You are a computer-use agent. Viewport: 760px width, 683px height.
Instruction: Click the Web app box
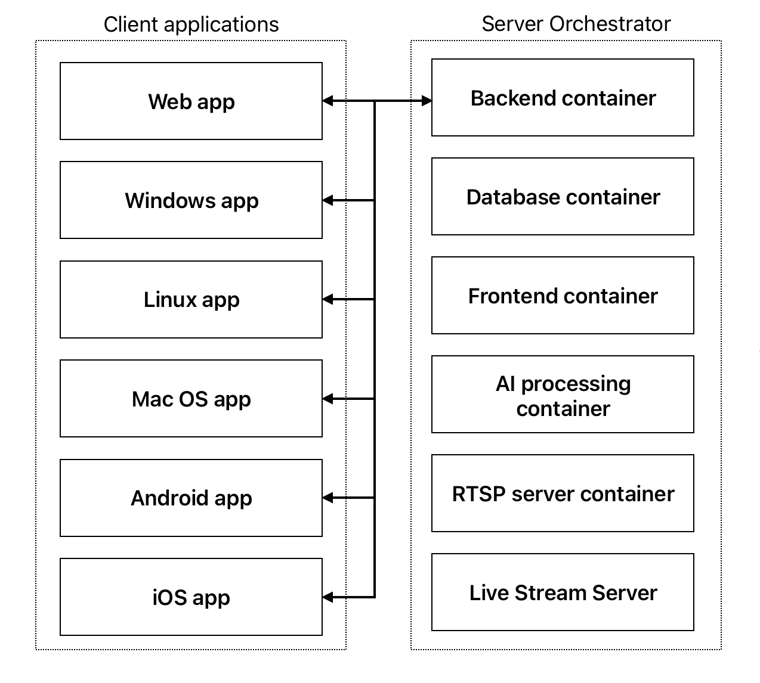(x=191, y=101)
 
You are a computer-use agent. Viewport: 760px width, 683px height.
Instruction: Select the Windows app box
(x=191, y=200)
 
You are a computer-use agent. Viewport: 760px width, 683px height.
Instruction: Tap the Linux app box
(x=191, y=299)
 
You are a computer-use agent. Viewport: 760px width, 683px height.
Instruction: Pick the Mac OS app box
(x=191, y=398)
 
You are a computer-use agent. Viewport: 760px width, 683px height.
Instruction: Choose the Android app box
(x=191, y=498)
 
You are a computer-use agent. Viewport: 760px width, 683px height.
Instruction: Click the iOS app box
(x=191, y=597)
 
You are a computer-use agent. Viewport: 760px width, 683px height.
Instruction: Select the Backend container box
(x=563, y=97)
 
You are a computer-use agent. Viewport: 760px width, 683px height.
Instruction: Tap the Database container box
(x=563, y=197)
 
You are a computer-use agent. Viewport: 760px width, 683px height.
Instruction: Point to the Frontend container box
(x=563, y=295)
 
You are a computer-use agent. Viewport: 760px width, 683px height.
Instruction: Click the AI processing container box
(x=563, y=394)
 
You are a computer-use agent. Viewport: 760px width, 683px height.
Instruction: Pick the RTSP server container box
(x=563, y=493)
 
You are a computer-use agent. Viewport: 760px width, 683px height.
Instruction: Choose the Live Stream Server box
(x=563, y=592)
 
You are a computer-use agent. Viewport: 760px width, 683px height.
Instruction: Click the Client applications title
(x=191, y=25)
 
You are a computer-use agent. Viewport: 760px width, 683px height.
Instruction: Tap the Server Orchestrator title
(x=576, y=24)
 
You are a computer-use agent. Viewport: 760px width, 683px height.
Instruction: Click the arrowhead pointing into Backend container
(x=427, y=101)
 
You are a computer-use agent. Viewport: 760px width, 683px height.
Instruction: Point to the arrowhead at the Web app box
(x=328, y=101)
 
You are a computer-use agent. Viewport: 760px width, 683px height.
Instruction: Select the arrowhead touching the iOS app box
(x=328, y=597)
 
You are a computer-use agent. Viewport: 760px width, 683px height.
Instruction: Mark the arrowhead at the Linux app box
(x=328, y=299)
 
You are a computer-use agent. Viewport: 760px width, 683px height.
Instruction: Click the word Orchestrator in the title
(x=610, y=24)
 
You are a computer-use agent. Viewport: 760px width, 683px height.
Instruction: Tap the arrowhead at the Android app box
(x=328, y=498)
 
